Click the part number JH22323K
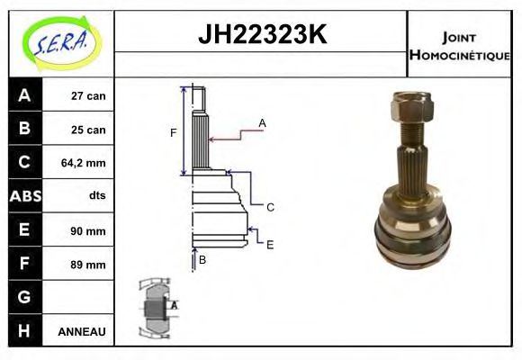pos(261,35)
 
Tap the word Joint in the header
pos(459,38)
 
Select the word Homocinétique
pos(459,55)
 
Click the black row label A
pos(24,94)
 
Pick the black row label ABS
pos(24,196)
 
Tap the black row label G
pos(24,297)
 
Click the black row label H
pos(24,330)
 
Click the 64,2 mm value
pos(83,163)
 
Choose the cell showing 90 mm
pos(87,230)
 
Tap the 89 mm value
pos(87,265)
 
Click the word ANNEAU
pos(82,332)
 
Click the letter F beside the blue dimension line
pos(173,133)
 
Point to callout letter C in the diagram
pos(270,207)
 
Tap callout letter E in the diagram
pos(270,244)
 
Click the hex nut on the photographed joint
pos(411,110)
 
